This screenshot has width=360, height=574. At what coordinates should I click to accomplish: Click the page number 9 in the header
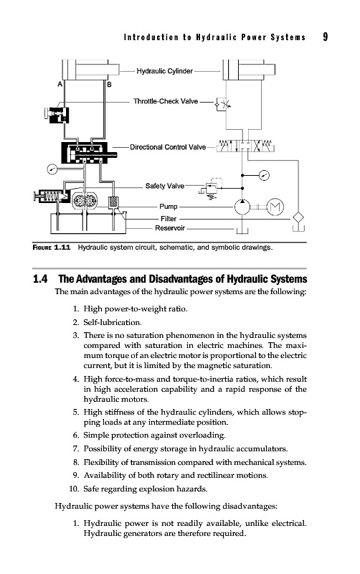(x=326, y=37)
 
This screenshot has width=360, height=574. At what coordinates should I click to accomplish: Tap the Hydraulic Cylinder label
(x=165, y=71)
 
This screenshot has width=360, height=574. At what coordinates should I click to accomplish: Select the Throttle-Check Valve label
(x=166, y=101)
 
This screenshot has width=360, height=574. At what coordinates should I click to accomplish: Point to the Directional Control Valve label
(x=168, y=147)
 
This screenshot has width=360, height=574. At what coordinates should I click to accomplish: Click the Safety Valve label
(x=165, y=186)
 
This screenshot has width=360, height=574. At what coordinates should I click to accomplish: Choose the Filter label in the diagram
(x=169, y=219)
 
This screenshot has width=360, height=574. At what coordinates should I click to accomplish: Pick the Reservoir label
(x=170, y=228)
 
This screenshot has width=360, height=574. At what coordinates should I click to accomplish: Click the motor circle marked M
(x=275, y=207)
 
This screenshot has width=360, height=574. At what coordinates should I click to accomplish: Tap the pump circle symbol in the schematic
(x=242, y=207)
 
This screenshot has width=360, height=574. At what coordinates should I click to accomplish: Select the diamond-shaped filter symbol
(x=298, y=218)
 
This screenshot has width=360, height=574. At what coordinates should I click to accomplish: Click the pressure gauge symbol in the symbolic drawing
(x=264, y=175)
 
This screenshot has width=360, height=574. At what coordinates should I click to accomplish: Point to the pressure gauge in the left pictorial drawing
(x=52, y=169)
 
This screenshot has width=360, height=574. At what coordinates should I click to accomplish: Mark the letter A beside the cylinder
(x=60, y=85)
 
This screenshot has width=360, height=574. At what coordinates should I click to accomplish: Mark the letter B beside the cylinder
(x=109, y=85)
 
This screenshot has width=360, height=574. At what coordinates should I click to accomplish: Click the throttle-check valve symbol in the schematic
(x=223, y=104)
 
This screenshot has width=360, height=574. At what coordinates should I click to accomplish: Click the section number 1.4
(x=40, y=279)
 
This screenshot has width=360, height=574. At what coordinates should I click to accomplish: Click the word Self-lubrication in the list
(x=112, y=322)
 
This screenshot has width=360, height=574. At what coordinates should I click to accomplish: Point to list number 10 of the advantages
(x=74, y=489)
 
